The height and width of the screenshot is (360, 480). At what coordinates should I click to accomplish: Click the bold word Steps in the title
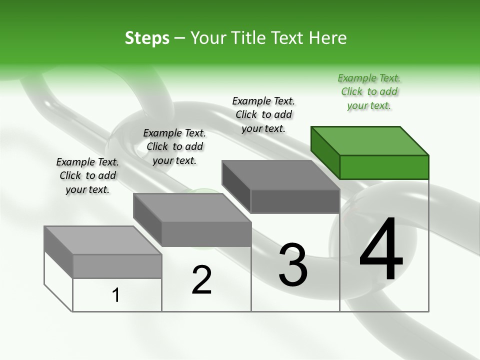point(147,38)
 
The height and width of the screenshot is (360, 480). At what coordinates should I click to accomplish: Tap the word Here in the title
point(328,38)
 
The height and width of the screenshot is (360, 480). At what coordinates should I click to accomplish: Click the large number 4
point(381,250)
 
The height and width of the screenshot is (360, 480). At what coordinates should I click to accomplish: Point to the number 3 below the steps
point(293,265)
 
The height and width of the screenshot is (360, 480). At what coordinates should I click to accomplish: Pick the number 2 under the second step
point(202,280)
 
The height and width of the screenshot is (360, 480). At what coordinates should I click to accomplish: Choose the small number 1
point(116,295)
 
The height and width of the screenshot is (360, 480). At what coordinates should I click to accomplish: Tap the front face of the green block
point(384,167)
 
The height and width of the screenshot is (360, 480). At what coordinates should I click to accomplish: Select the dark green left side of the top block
point(325,152)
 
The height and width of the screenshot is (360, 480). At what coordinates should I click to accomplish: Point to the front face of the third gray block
point(295,201)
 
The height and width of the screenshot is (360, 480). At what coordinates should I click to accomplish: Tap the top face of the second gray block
point(192,208)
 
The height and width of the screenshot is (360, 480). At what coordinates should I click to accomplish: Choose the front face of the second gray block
point(206,234)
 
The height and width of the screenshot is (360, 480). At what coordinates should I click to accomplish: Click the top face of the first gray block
point(103,240)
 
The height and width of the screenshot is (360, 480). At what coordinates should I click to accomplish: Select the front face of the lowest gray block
point(117,266)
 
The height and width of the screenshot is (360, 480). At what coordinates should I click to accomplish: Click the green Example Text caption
point(369,91)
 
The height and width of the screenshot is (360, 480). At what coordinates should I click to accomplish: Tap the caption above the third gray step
point(263,114)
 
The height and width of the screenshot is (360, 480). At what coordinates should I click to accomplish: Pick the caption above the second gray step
point(174,146)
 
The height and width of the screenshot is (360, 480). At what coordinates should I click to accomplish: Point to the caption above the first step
point(87,175)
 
